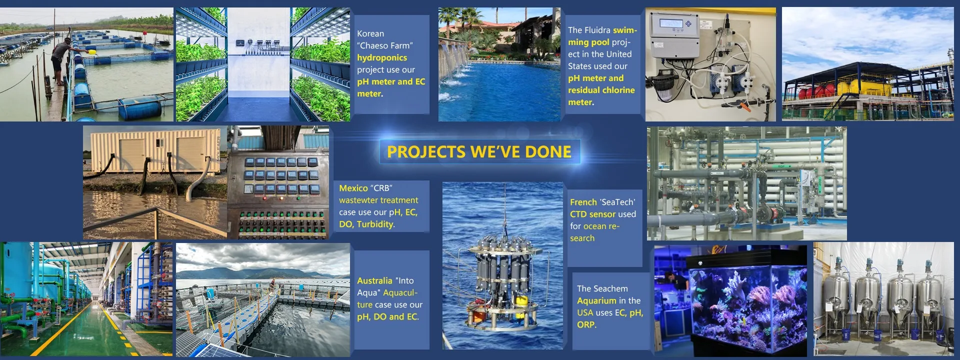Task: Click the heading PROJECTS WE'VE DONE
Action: click(x=479, y=152)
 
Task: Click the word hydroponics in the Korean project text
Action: click(x=382, y=57)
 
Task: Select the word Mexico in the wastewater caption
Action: click(x=353, y=188)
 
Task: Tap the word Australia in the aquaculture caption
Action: click(x=374, y=280)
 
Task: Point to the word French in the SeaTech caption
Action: click(x=583, y=202)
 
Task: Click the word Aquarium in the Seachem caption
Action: click(x=596, y=300)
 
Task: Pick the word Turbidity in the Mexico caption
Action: click(x=375, y=224)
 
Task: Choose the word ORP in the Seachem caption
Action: click(x=586, y=324)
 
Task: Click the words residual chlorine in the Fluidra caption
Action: click(x=601, y=90)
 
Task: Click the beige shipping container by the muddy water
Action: click(x=155, y=150)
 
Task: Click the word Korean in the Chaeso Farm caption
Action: click(x=370, y=33)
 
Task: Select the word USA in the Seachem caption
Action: click(x=585, y=312)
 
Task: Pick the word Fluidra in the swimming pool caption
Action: click(x=597, y=30)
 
